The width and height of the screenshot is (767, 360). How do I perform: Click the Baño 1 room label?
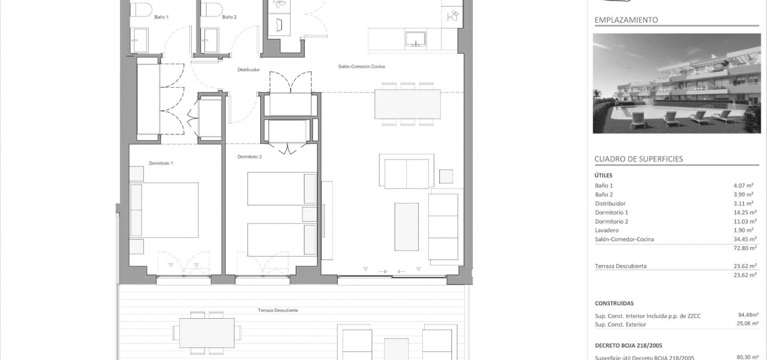(161, 17)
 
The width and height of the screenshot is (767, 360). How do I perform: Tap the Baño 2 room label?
(229, 17)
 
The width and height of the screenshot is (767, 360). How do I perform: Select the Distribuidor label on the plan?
(249, 70)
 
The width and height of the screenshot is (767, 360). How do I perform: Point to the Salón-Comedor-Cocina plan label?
(362, 66)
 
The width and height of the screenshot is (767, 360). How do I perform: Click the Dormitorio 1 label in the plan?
(161, 163)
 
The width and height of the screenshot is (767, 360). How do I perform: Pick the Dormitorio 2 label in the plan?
(250, 157)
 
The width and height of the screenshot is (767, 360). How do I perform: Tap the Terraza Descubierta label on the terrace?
(278, 310)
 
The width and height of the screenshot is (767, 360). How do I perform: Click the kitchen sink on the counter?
(415, 39)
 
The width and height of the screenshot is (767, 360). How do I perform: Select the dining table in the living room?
(408, 104)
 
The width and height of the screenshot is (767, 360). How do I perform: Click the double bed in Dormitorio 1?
(164, 210)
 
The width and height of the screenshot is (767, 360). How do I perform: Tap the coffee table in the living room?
(406, 227)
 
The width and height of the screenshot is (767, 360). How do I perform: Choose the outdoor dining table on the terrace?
(207, 333)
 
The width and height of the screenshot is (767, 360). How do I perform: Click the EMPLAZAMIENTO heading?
(626, 20)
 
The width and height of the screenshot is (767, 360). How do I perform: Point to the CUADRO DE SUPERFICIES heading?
(639, 159)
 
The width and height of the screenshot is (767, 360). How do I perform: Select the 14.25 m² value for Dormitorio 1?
(745, 212)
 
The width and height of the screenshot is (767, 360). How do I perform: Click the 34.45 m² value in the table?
(745, 239)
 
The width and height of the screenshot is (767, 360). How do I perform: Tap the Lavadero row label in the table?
(607, 230)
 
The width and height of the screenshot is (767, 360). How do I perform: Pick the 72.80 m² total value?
(745, 248)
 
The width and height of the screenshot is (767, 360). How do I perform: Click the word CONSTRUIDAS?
(614, 304)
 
